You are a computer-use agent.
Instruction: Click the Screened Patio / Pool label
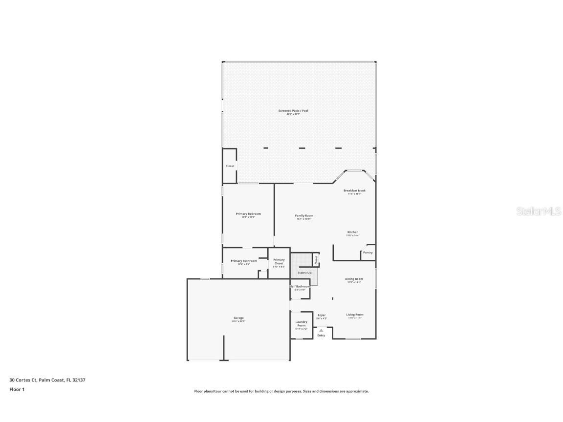click(293, 111)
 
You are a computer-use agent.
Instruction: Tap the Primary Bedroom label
click(248, 214)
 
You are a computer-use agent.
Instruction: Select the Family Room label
click(304, 215)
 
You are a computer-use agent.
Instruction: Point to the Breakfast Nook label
click(354, 190)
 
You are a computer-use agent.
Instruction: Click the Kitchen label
click(353, 232)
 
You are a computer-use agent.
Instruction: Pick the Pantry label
click(368, 253)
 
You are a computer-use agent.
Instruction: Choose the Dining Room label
click(354, 279)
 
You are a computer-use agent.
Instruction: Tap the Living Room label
click(355, 315)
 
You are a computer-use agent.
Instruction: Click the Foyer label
click(322, 315)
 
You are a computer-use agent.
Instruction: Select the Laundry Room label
click(302, 323)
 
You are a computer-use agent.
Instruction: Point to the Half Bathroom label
click(300, 286)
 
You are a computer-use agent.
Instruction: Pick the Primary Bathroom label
click(244, 261)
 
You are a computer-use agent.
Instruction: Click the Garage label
click(238, 318)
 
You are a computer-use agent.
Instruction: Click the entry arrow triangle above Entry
click(321, 331)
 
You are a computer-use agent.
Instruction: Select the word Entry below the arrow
click(321, 336)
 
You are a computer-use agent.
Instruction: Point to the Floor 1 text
click(17, 389)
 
